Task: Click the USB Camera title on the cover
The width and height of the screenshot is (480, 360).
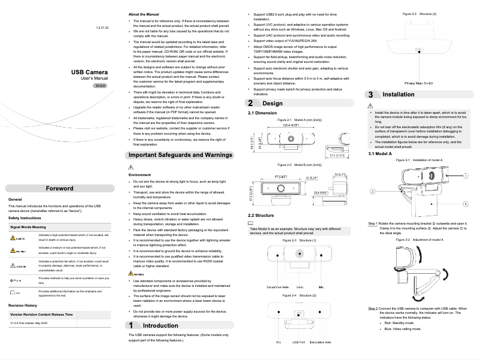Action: pos(89,72)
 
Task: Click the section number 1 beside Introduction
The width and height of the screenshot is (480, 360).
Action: pos(131,325)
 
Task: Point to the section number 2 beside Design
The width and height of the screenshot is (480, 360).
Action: pos(250,103)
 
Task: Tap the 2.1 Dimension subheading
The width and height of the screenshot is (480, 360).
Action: pos(262,113)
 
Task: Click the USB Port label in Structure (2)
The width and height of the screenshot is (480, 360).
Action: pos(299,342)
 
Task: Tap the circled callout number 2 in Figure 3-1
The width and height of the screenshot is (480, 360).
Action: pos(372,190)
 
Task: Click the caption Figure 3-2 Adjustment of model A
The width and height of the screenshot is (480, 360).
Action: pos(424,240)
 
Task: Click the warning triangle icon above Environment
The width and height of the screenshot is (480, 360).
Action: pos(131,167)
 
